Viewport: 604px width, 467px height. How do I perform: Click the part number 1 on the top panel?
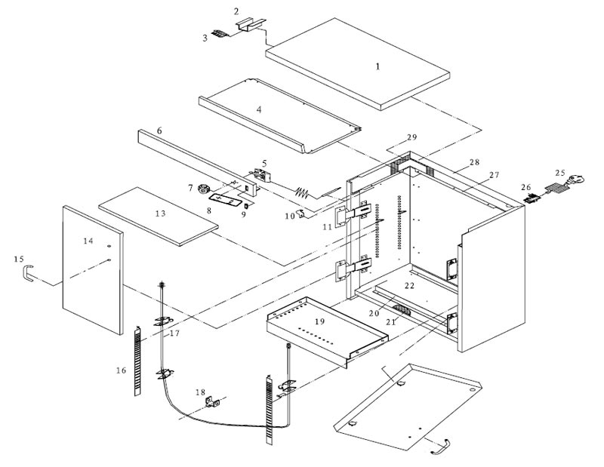[x=377, y=66]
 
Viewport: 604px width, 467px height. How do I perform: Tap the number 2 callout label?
[x=236, y=11]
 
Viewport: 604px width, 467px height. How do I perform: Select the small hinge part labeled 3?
[x=220, y=34]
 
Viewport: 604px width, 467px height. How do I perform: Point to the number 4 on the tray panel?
[x=259, y=109]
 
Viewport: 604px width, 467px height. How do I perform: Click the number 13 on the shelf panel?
[x=160, y=214]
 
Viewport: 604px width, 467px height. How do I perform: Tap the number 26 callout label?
[x=527, y=188]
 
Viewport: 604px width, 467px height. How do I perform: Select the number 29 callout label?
[x=411, y=137]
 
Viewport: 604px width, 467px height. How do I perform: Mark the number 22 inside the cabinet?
[x=409, y=286]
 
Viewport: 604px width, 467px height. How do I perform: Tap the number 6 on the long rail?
[x=159, y=131]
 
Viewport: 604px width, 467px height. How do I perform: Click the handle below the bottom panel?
[x=439, y=448]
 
